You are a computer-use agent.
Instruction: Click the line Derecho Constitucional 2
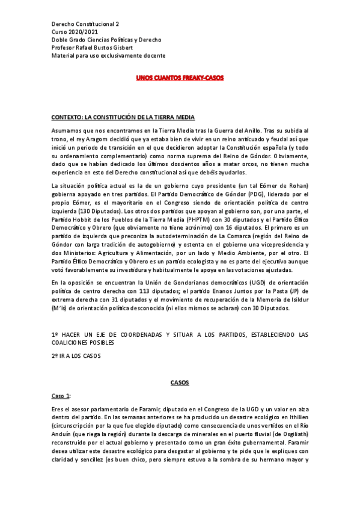(85, 25)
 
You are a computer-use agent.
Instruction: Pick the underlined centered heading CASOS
(180, 382)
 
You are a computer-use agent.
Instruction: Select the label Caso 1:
(61, 395)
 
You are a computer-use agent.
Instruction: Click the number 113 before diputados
(137, 290)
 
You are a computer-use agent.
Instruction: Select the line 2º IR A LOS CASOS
(76, 355)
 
